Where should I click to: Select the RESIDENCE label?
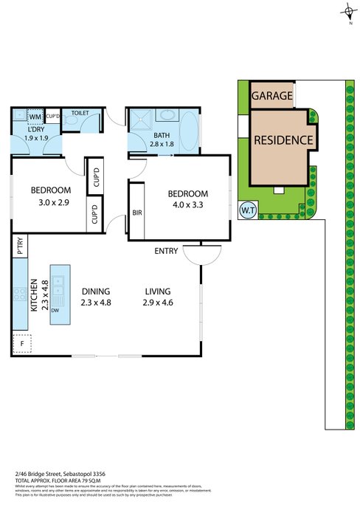(284, 140)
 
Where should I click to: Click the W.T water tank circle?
(247, 210)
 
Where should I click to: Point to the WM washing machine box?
(35, 117)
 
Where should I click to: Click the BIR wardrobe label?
(136, 213)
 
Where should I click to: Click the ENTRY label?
(165, 252)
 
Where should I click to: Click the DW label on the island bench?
(56, 311)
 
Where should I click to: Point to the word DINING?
(95, 291)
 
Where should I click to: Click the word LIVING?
(159, 291)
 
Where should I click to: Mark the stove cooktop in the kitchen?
(18, 295)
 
